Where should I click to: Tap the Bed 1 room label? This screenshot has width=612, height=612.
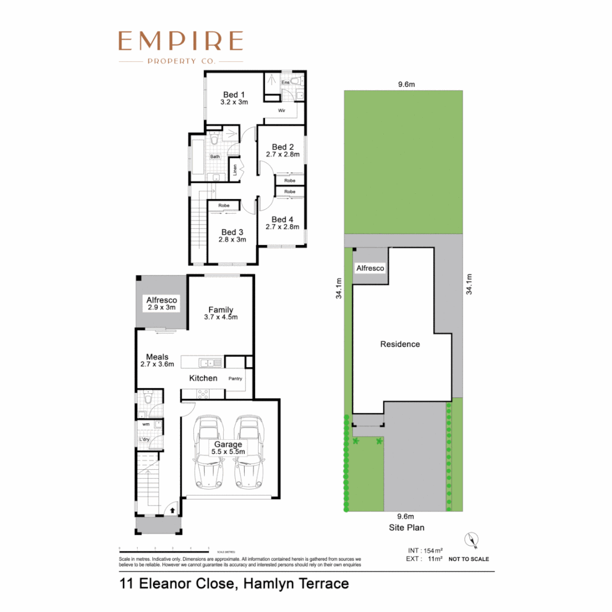[x=233, y=94]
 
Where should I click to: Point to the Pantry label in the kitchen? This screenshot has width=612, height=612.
[x=235, y=378]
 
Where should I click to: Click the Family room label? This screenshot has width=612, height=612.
[x=221, y=309]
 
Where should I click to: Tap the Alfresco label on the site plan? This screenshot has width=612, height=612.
[x=370, y=268]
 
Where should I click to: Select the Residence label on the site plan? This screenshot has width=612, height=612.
[x=399, y=344]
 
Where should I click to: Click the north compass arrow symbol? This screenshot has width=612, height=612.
[x=471, y=541]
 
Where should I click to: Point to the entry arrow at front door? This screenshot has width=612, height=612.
[x=172, y=511]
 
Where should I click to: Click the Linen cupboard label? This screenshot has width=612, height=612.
[x=235, y=171]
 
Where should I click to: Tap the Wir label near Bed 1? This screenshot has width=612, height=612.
[x=282, y=111]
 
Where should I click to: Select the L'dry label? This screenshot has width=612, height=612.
[x=144, y=440]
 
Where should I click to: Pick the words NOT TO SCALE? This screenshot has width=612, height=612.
[x=468, y=559]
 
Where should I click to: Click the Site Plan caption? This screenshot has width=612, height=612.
[x=406, y=527]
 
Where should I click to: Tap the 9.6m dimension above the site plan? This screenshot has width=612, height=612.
[x=406, y=84]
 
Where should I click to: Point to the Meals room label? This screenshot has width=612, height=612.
[x=157, y=356]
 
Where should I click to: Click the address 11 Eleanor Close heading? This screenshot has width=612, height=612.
[x=233, y=583]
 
